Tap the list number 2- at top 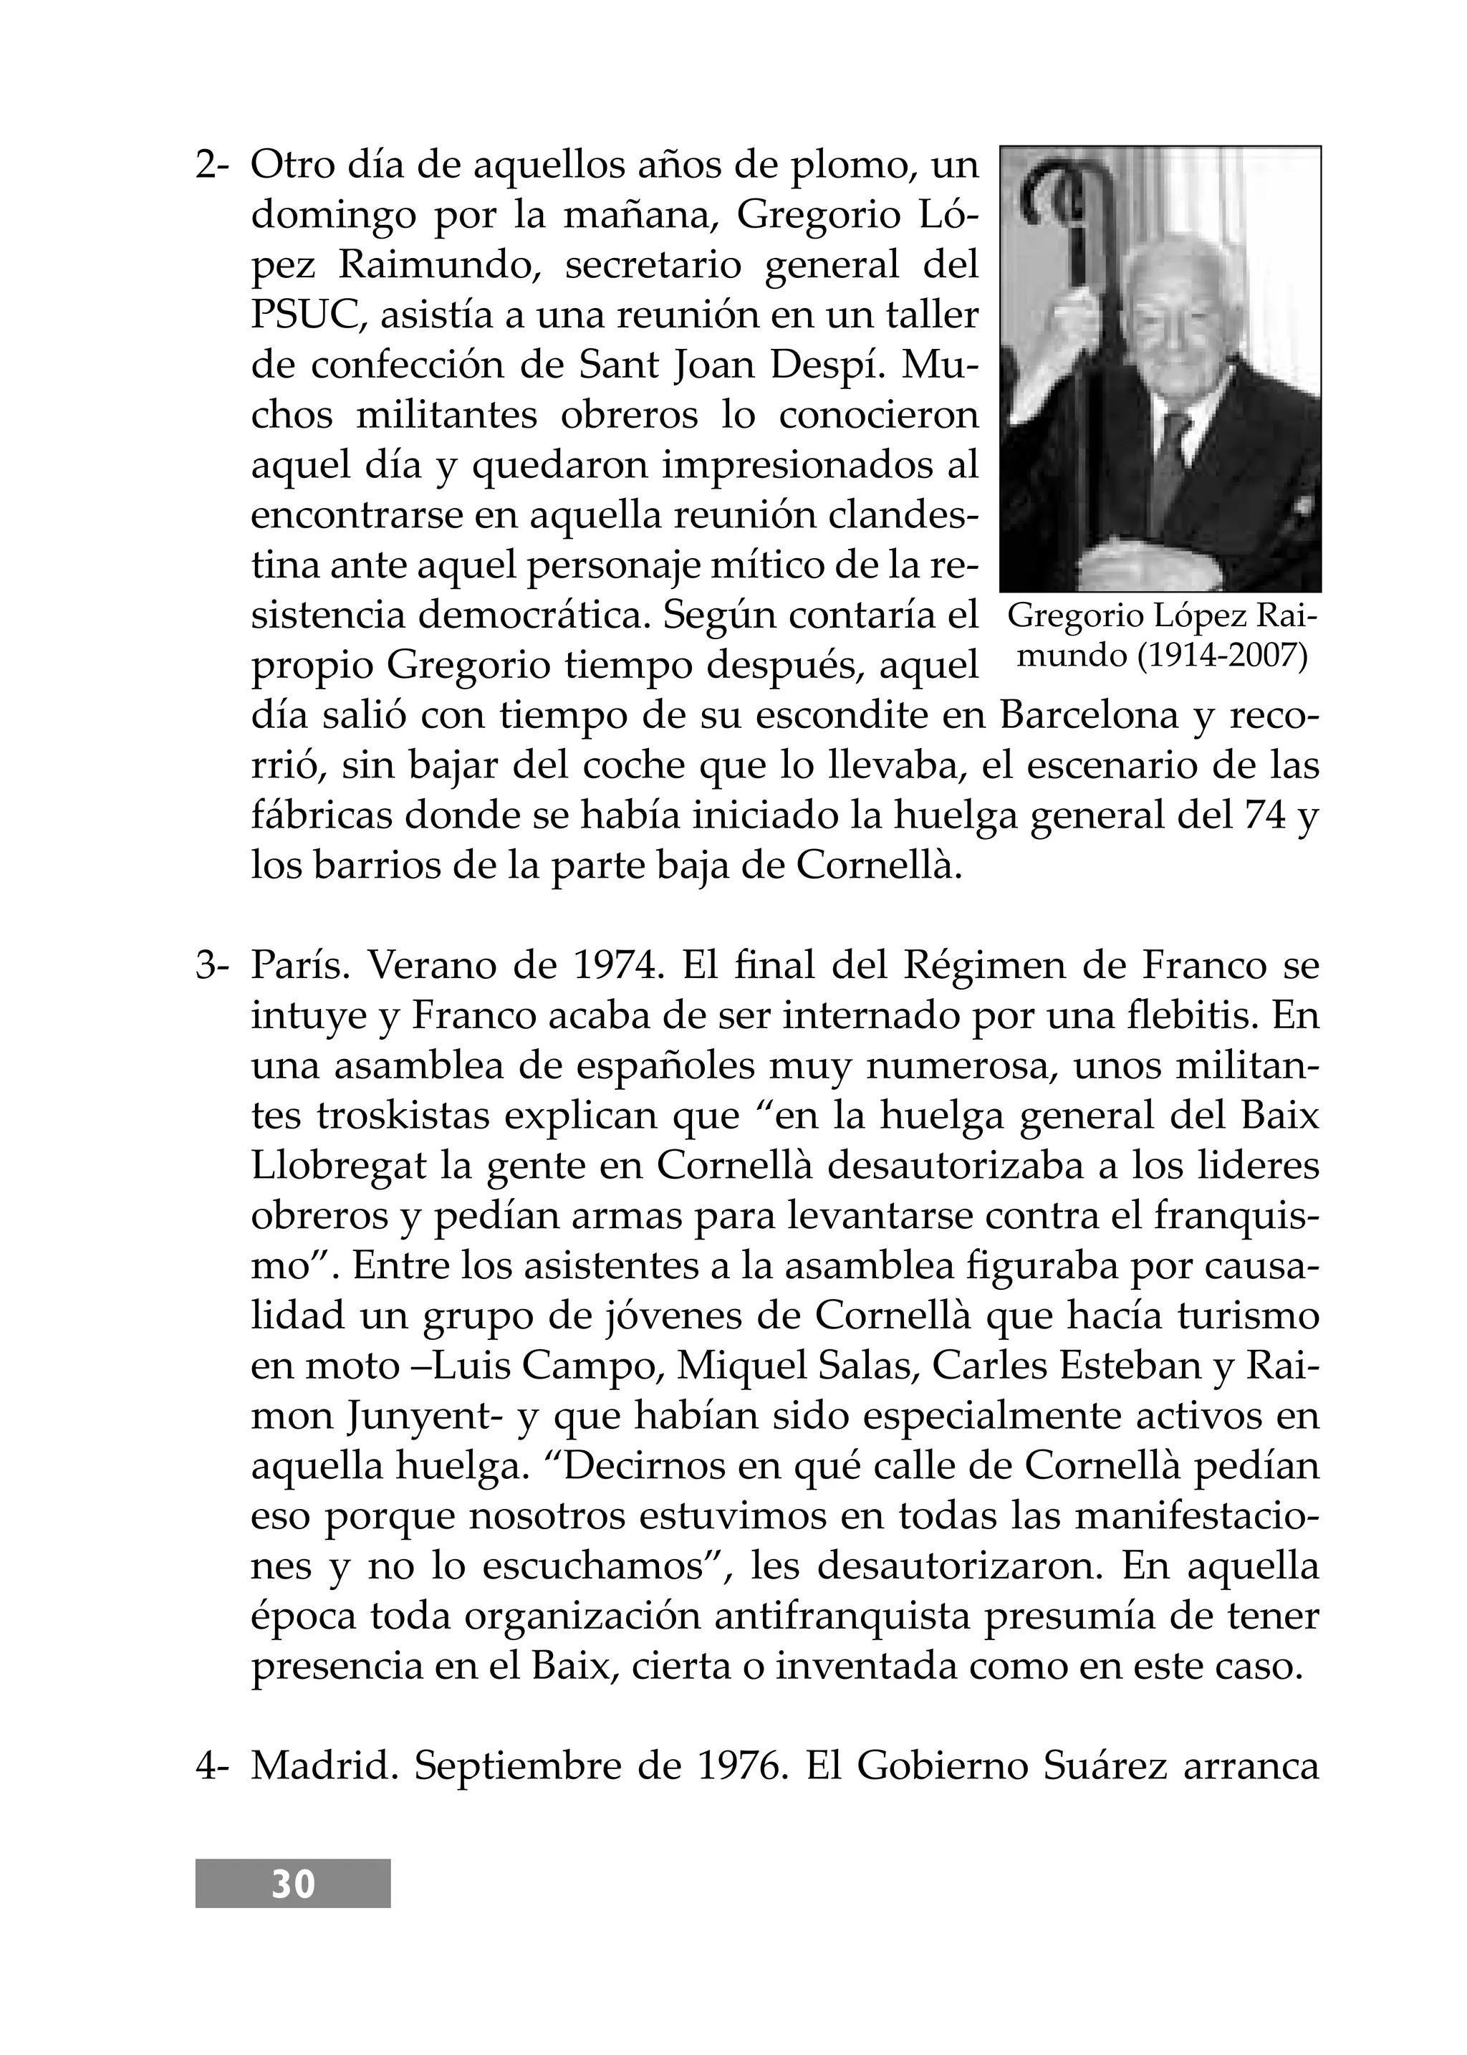tap(213, 166)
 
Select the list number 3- tap(213, 967)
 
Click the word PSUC tap(307, 315)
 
